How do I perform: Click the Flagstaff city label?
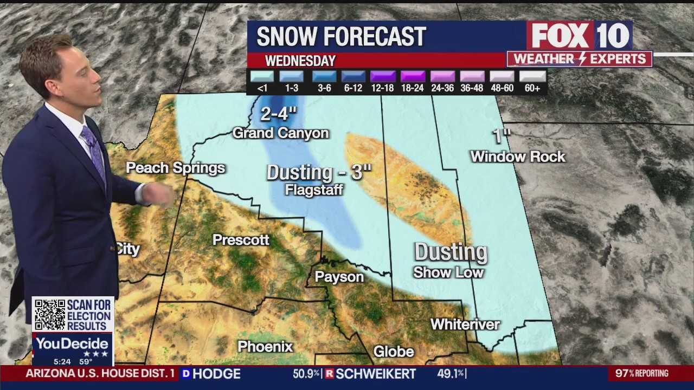[x=314, y=190]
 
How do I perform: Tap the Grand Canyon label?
[x=280, y=133]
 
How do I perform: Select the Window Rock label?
[x=518, y=157]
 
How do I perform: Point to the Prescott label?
[x=241, y=240]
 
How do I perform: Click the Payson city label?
[x=339, y=277]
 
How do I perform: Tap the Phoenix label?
[x=265, y=347]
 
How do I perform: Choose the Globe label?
[x=394, y=352]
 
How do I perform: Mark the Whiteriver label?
[x=465, y=324]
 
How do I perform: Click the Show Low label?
[x=448, y=272]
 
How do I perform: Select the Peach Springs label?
[x=175, y=168]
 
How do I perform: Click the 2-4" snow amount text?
[x=279, y=114]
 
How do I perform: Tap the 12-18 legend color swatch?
[x=382, y=76]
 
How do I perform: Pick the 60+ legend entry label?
[x=532, y=88]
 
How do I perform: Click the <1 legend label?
[x=262, y=88]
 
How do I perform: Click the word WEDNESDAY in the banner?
[x=300, y=61]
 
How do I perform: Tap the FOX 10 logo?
[x=580, y=36]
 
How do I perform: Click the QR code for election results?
[x=50, y=315]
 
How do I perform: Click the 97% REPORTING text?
[x=642, y=373]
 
